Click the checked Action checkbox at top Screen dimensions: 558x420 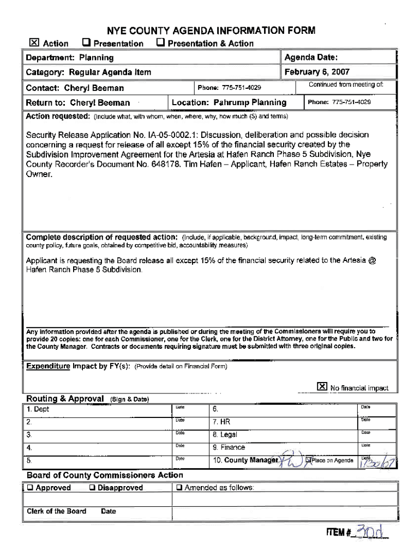(34, 43)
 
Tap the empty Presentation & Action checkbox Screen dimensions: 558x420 (160, 43)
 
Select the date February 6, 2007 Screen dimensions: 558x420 (317, 72)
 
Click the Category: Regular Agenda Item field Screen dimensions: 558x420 (88, 72)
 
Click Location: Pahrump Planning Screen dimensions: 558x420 (229, 102)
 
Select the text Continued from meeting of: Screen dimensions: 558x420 (346, 84)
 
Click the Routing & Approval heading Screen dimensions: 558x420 (65, 398)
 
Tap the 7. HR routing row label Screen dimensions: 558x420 (222, 421)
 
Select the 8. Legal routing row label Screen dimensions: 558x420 (225, 434)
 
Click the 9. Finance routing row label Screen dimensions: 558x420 (229, 447)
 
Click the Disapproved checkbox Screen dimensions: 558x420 (93, 488)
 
